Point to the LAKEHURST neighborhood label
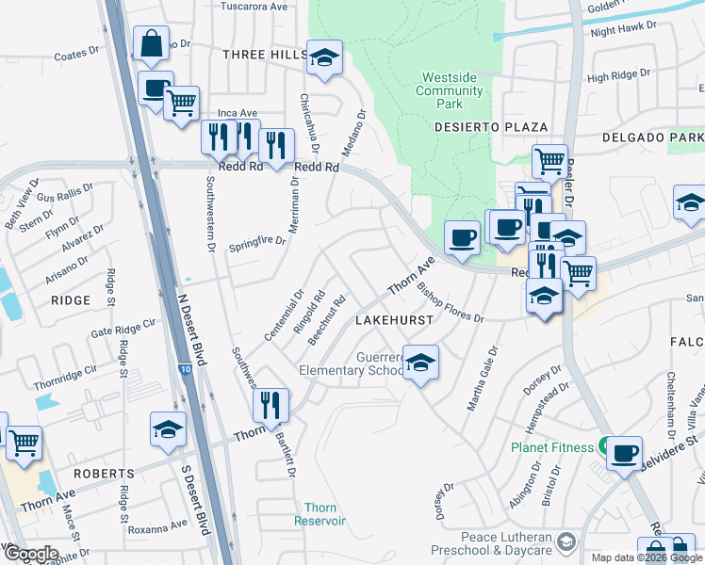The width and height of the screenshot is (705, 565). tap(394, 320)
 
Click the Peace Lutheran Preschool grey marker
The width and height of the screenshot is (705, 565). tap(566, 541)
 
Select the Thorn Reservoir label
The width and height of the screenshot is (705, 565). tap(320, 514)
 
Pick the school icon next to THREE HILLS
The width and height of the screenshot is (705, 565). tap(324, 57)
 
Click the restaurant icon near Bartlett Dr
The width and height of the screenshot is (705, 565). tap(270, 405)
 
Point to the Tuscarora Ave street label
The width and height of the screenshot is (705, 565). tap(254, 6)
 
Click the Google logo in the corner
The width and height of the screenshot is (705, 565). tap(31, 554)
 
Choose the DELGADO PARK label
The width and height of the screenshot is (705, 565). tap(652, 138)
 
